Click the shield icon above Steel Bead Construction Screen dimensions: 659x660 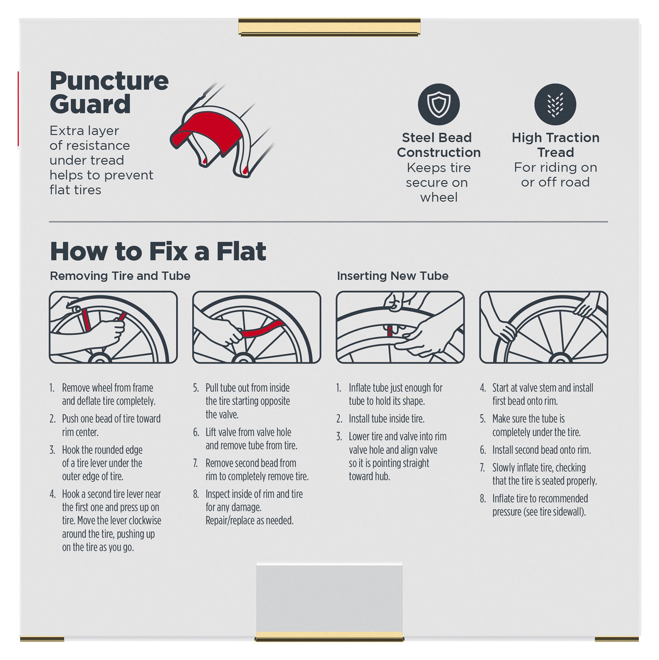click(439, 104)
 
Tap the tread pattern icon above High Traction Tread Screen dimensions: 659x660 click(555, 104)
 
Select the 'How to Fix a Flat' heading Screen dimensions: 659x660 click(158, 251)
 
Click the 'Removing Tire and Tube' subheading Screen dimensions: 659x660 click(120, 276)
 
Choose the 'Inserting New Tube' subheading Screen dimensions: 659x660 click(393, 276)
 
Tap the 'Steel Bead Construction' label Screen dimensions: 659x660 click(439, 145)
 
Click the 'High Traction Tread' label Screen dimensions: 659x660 click(555, 145)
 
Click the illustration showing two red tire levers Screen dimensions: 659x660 click(113, 327)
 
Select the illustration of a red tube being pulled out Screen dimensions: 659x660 click(256, 327)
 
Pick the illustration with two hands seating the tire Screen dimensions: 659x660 click(544, 327)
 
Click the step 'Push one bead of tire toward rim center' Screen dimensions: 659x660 click(111, 425)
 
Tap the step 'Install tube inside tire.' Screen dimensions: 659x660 click(386, 419)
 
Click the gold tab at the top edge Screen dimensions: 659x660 click(329, 27)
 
